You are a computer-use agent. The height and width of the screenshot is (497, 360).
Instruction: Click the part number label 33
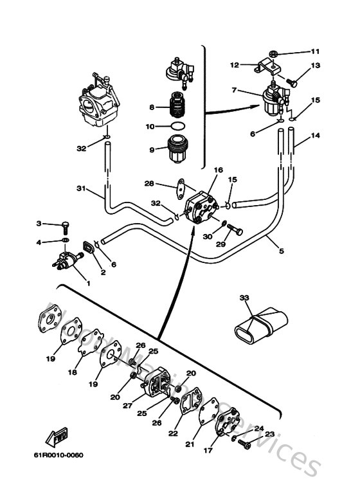coord(244,298)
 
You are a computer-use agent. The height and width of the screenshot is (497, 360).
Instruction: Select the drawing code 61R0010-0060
coord(59,456)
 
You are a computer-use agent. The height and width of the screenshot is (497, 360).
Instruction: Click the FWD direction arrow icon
coord(57,439)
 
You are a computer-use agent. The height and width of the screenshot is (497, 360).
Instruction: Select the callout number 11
coord(315,51)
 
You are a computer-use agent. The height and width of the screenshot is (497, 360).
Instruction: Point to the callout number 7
coord(235,89)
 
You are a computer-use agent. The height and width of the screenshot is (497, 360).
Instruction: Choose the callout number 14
coord(315,136)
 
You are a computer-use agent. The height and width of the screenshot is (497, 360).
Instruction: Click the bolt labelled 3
coord(65,225)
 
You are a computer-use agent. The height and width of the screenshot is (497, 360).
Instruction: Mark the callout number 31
coord(81,188)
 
